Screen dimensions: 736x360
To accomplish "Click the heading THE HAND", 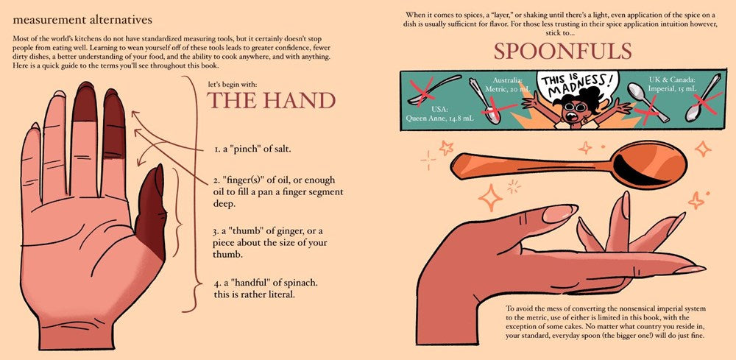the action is click(x=272, y=100).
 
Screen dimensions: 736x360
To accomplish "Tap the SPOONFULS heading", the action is click(x=563, y=51).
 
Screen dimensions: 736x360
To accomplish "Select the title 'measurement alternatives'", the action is click(x=82, y=20).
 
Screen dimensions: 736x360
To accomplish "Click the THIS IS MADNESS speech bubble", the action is click(x=577, y=85).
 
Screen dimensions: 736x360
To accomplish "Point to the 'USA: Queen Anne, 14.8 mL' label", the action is click(x=440, y=114).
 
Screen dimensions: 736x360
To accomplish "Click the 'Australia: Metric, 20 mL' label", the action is click(x=507, y=85).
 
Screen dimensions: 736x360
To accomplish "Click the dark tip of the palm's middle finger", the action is click(x=85, y=102).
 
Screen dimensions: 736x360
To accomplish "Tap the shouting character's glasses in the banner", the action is click(x=574, y=107).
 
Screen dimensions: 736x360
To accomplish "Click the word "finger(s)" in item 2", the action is click(x=242, y=180).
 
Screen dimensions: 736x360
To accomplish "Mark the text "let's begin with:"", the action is click(x=233, y=85).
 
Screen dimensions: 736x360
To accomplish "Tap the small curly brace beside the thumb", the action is click(x=177, y=213).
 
